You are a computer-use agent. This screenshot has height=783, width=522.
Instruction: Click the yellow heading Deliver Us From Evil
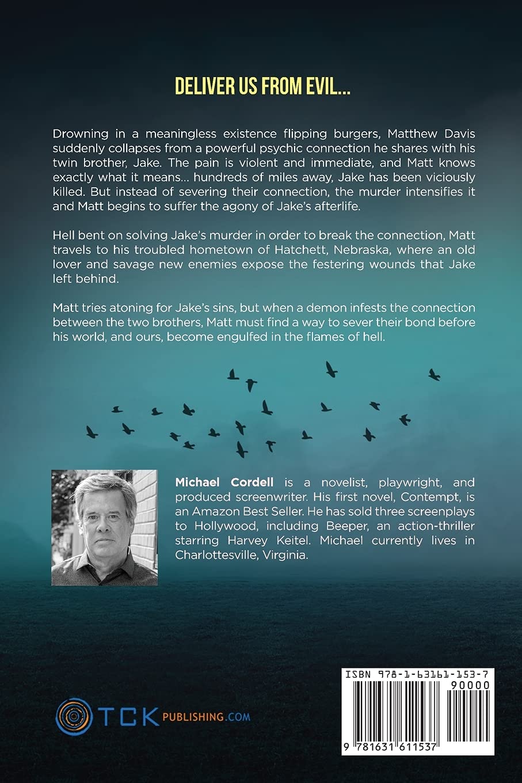click(262, 86)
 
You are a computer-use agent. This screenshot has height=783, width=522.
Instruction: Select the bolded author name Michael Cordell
click(216, 482)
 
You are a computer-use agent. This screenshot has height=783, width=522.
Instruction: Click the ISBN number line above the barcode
click(417, 674)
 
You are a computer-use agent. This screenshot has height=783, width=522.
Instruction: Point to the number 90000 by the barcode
click(470, 685)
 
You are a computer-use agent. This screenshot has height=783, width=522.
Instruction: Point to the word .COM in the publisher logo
click(238, 717)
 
